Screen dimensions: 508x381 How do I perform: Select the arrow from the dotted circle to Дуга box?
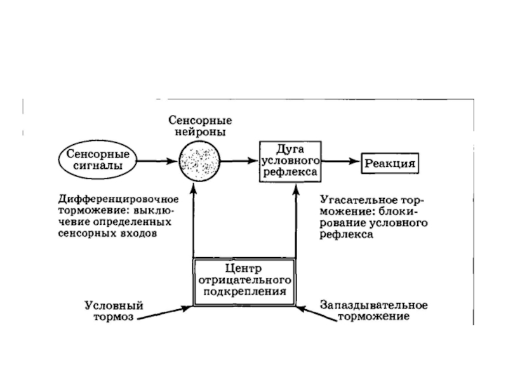[x=239, y=161]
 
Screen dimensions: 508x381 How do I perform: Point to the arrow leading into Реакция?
[x=341, y=161]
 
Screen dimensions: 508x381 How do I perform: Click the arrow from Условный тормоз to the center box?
[x=164, y=312]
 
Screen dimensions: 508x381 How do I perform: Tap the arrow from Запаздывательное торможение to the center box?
[x=316, y=313]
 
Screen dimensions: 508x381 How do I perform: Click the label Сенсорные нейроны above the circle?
[x=200, y=126]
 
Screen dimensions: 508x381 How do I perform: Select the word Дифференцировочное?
[x=118, y=199]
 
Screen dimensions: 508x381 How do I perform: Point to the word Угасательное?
[x=354, y=200]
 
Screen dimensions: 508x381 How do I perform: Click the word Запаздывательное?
[x=374, y=305]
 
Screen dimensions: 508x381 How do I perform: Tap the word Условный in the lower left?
[x=114, y=305]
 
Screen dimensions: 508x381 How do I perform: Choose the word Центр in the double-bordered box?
[x=243, y=269]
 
